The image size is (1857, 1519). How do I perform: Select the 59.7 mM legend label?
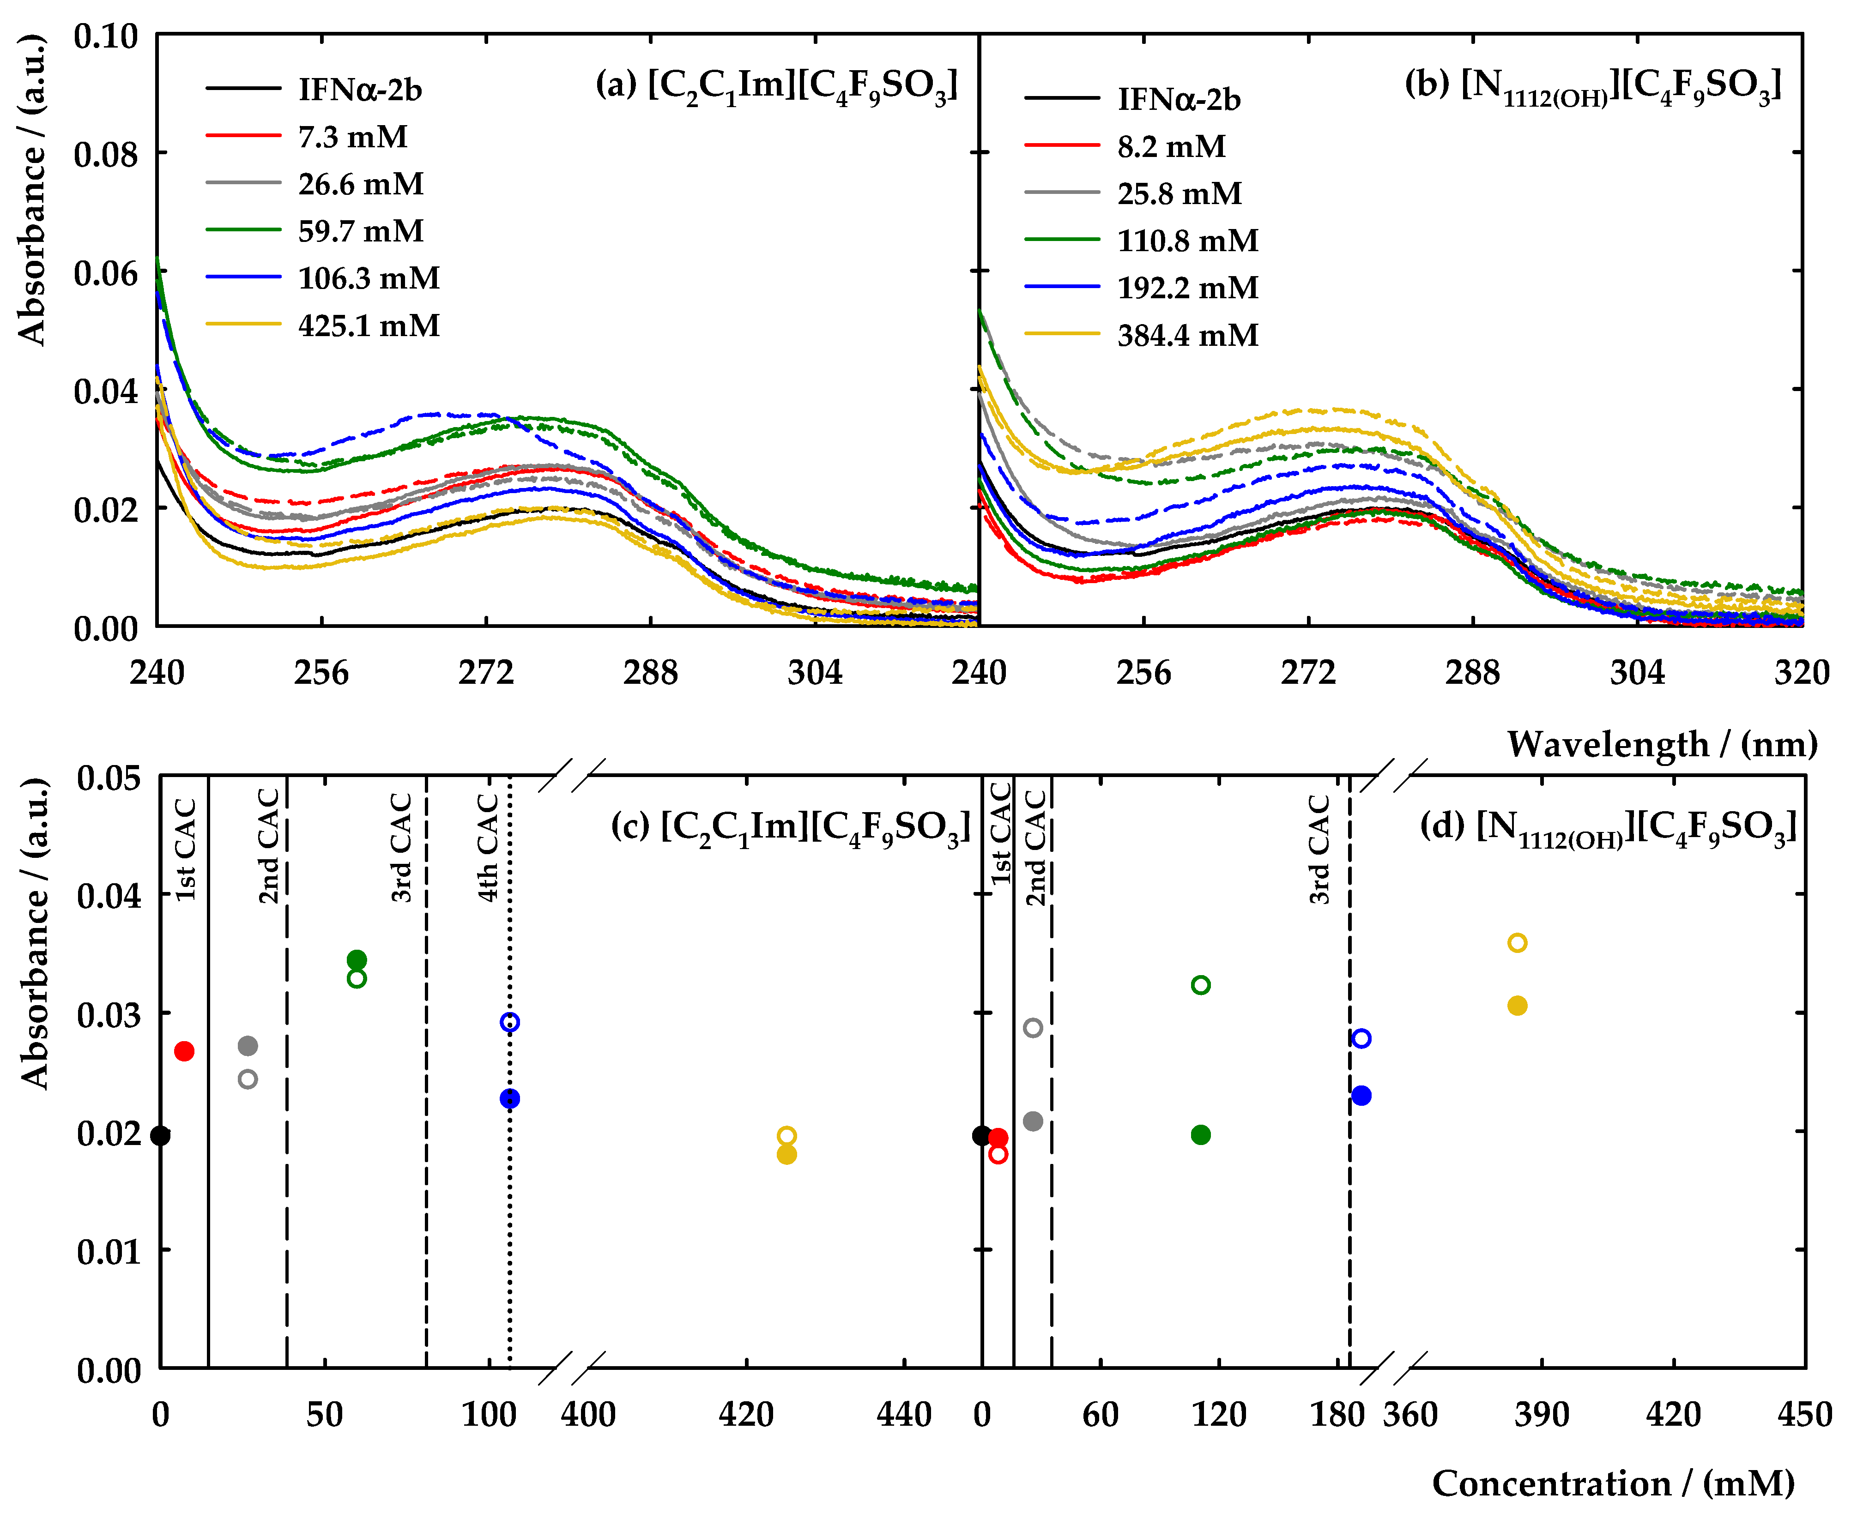point(361,231)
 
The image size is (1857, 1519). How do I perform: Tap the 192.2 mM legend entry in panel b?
point(1186,288)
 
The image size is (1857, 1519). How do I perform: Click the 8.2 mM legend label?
point(1171,146)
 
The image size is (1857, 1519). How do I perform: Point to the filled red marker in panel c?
point(184,1051)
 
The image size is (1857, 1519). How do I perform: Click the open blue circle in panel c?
point(509,1022)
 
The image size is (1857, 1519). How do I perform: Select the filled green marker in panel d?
point(1201,1135)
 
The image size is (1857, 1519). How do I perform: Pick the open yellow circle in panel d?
point(1518,942)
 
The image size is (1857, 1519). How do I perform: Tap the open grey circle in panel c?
point(248,1079)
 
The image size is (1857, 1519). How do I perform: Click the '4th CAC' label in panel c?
point(487,847)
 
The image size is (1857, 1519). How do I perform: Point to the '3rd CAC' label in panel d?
point(1319,849)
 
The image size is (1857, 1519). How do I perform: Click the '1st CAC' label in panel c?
point(186,849)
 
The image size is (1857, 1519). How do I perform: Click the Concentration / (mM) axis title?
point(1613,1483)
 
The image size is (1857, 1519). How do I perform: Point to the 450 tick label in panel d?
point(1804,1415)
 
